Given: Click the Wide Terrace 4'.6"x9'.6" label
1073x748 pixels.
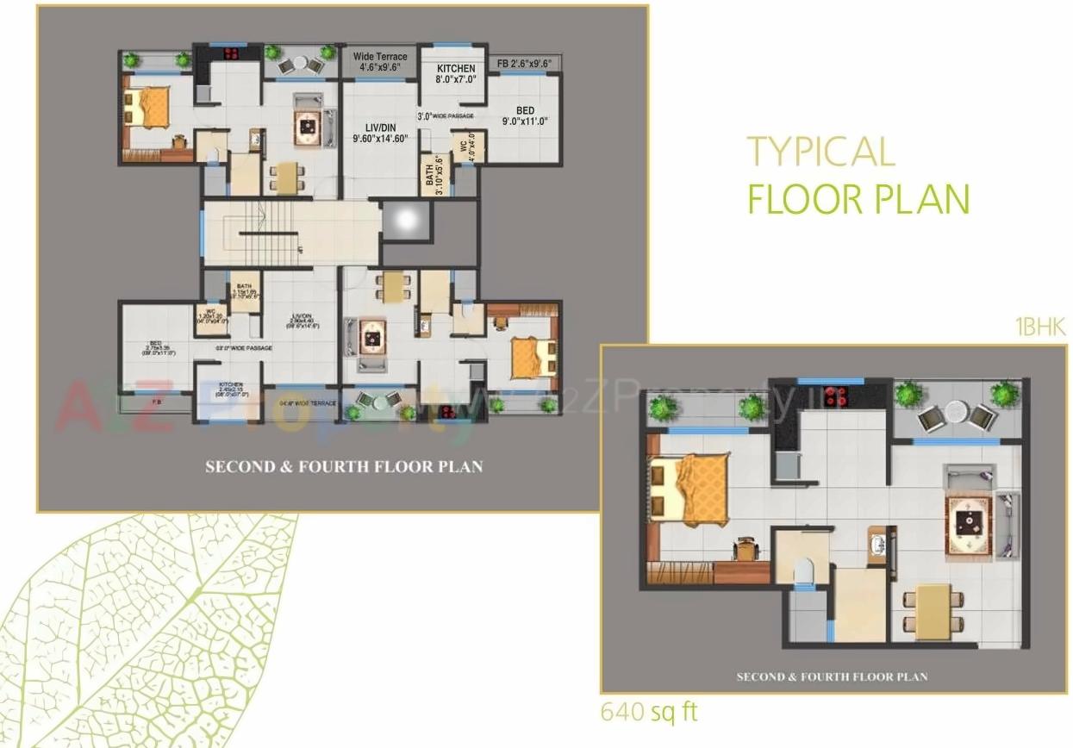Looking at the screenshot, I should coord(380,62).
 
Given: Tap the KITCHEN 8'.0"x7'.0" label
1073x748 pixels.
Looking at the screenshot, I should coord(456,74).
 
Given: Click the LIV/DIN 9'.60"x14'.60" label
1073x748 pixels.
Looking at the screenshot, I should coord(379,133).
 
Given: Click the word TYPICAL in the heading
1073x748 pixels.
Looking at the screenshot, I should coord(820,152).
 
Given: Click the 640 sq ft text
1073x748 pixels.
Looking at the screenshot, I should coord(649,712).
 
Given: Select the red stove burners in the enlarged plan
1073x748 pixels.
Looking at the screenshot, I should coord(833,396).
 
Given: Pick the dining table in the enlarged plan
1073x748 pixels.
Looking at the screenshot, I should coord(933,611).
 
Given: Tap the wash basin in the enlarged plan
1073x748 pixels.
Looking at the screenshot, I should coord(877,545).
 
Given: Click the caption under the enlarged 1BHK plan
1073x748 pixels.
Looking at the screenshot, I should coord(832,676).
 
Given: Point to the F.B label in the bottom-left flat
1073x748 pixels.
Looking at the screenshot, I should coord(157,402).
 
